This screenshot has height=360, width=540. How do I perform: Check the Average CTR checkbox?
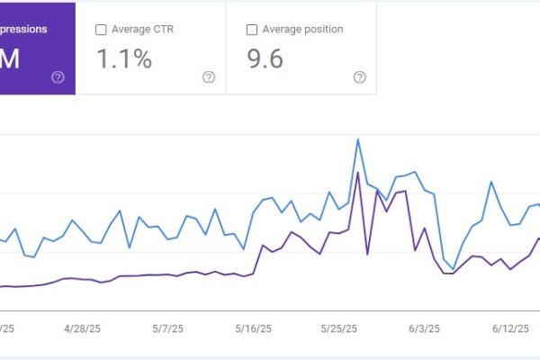point(101,30)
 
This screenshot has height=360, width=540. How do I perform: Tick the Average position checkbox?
point(251,30)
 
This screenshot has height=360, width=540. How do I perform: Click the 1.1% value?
point(123,59)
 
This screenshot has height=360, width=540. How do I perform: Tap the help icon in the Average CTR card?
point(209,77)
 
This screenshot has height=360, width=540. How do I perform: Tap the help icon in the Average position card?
point(359,77)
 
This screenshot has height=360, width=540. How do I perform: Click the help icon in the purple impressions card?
point(58,77)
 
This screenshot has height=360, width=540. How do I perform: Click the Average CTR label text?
point(142,30)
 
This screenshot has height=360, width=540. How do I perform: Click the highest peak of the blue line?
point(358,139)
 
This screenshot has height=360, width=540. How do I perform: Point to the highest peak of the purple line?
point(358,172)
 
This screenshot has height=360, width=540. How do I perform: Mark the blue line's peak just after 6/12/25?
point(491,182)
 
